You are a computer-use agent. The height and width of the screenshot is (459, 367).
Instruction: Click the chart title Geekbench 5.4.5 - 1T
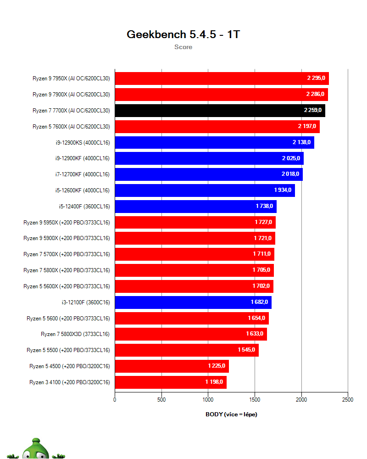pos(183,34)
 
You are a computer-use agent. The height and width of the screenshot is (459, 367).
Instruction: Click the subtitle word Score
pos(183,47)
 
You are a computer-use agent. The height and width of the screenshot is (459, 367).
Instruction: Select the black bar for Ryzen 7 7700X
pos(220,111)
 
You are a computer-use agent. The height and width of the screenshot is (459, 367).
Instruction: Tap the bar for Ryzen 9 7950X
pos(222,78)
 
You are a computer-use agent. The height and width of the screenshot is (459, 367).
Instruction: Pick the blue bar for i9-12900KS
pos(214,142)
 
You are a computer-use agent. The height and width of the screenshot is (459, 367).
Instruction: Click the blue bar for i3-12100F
pos(193,302)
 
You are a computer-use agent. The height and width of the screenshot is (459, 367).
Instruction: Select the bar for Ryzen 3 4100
pos(170,382)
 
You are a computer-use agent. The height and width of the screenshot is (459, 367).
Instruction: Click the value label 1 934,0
pos(283,190)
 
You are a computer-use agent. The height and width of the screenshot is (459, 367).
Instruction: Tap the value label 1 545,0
pos(247,350)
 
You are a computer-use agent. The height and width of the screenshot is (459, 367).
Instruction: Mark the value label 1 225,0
pos(217,366)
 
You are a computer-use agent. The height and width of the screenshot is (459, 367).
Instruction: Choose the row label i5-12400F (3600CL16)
pos(84,207)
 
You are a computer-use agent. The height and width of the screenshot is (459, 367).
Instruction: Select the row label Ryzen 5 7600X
pos(71,127)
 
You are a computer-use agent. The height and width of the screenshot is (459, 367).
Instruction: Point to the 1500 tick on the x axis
pos(255,400)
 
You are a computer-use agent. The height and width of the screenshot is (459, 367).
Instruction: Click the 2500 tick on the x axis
pos(348,400)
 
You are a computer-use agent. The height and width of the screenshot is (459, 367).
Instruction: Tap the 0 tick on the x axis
pos(115,400)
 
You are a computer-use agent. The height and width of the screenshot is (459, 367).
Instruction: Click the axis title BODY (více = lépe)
pos(231,414)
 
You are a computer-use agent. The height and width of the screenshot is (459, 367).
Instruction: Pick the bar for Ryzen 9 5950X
pos(195,223)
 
